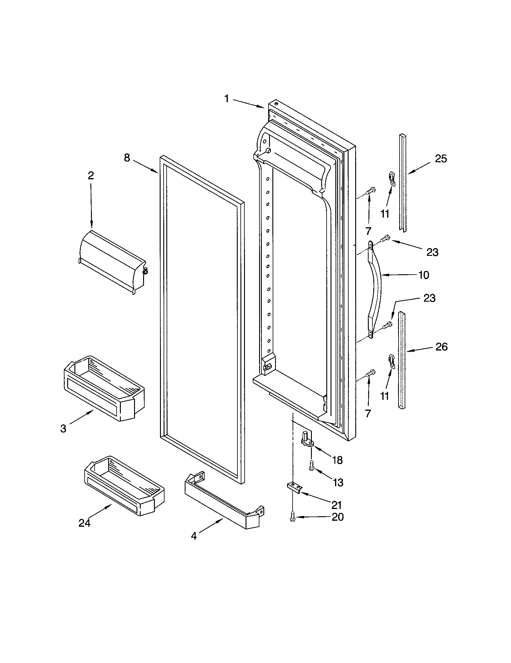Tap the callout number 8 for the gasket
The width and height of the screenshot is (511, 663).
coord(127,158)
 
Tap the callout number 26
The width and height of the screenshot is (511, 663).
coord(441,347)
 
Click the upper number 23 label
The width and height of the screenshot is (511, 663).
coord(432,252)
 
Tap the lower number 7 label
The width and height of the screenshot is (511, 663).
coord(368,413)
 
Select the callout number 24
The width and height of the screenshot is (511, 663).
coord(84,523)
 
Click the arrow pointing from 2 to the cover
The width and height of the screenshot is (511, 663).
coord(91,206)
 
